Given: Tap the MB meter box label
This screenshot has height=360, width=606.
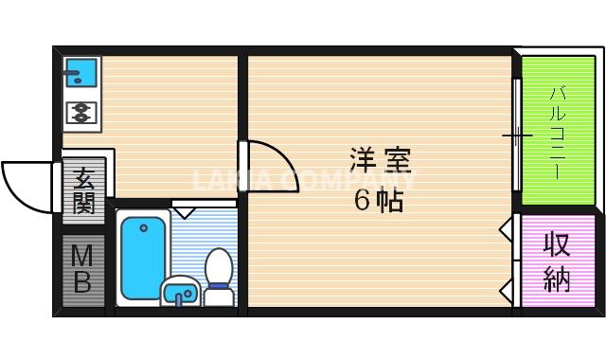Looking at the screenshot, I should (82, 268).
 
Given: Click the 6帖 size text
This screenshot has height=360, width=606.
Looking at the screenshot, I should (379, 201).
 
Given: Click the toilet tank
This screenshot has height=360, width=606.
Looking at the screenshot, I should (219, 296).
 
